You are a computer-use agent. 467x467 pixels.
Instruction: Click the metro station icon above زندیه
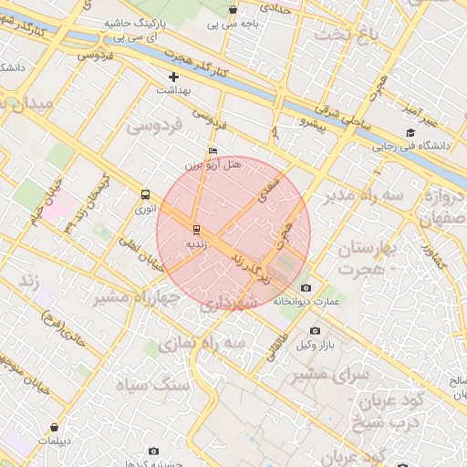click(196, 228)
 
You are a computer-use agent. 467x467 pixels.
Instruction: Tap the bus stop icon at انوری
click(144, 194)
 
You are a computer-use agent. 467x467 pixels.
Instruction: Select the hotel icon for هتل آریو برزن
click(213, 151)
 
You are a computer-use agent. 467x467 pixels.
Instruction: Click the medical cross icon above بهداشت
click(173, 78)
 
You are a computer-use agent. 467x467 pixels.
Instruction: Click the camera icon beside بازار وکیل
click(315, 330)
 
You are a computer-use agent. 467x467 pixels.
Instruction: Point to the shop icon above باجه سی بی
click(233, 10)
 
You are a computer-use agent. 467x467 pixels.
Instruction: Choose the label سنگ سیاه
click(145, 383)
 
